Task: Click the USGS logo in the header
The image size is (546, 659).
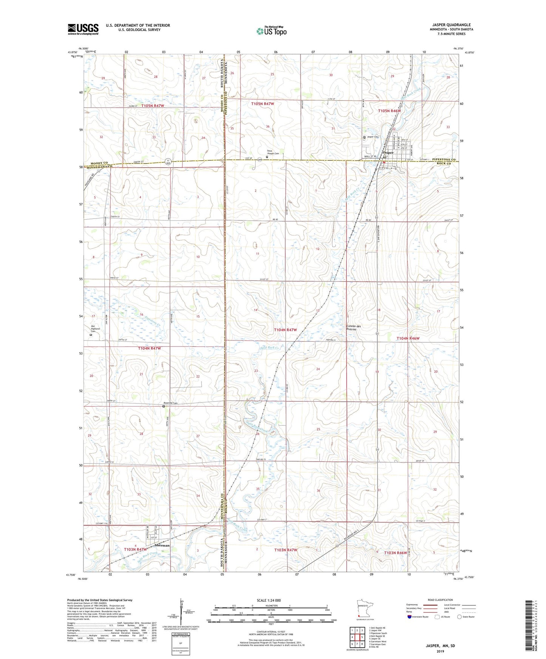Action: click(83, 29)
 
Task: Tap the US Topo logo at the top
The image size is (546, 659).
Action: click(271, 31)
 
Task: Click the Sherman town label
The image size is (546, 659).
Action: click(162, 545)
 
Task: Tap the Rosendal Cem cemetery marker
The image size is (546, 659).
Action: click(164, 406)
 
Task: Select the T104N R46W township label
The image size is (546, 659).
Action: click(408, 339)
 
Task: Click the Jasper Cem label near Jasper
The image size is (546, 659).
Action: click(373, 137)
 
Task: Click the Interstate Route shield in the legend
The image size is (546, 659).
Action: click(410, 617)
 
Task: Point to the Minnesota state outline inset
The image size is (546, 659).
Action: click(364, 608)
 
